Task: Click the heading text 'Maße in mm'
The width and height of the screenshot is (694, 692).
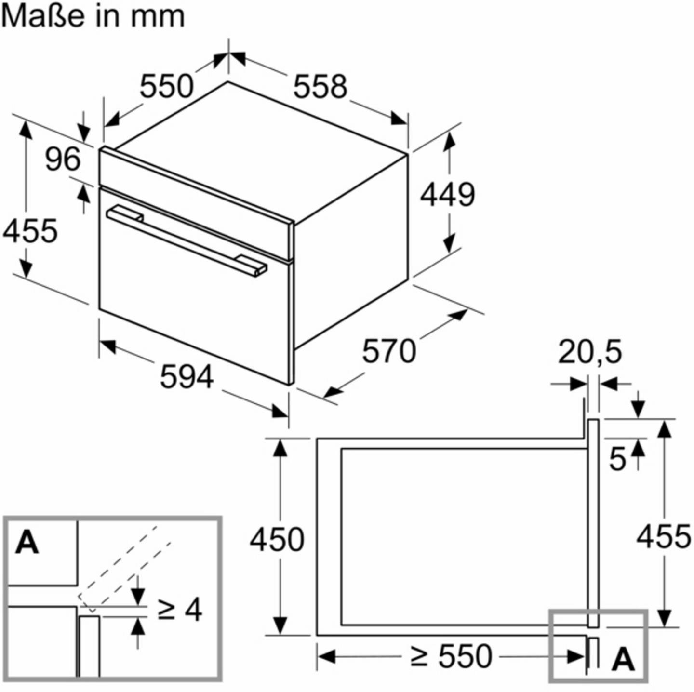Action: (93, 16)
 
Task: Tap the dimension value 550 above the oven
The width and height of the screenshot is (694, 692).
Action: (166, 86)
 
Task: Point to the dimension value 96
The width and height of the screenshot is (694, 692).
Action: (63, 159)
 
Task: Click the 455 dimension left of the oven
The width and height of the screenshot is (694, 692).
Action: (30, 230)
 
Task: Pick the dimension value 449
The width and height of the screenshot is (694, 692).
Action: (448, 195)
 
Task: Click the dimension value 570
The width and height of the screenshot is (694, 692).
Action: (388, 351)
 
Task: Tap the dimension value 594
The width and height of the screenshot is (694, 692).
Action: (187, 376)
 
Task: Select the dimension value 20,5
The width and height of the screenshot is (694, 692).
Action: (590, 352)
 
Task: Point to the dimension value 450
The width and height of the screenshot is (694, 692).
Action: (277, 540)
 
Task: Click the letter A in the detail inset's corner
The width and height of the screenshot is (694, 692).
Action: (27, 543)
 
